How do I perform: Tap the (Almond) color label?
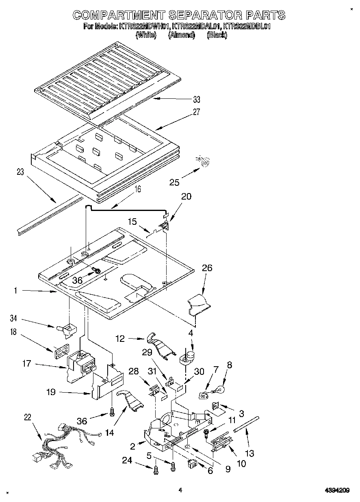[x=182, y=35]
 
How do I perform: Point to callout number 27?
[x=197, y=113]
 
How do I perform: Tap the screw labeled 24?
[x=156, y=470]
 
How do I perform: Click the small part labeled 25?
[x=206, y=162]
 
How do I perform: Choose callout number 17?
[x=26, y=363]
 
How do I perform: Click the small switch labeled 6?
[x=192, y=463]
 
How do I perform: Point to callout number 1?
[x=15, y=291]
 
